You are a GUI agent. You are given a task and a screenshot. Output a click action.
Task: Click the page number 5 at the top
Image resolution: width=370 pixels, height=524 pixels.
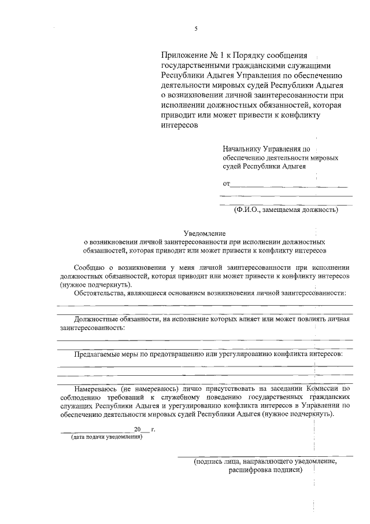pyautogui.click(x=196, y=28)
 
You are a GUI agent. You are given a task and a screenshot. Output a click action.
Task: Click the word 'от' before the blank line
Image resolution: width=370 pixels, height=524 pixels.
pyautogui.click(x=226, y=184)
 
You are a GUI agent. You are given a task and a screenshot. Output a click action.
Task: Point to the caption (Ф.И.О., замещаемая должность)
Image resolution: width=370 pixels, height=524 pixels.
pyautogui.click(x=286, y=210)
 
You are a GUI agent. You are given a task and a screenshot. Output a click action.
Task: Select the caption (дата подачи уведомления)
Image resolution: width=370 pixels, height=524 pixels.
pyautogui.click(x=106, y=437)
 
